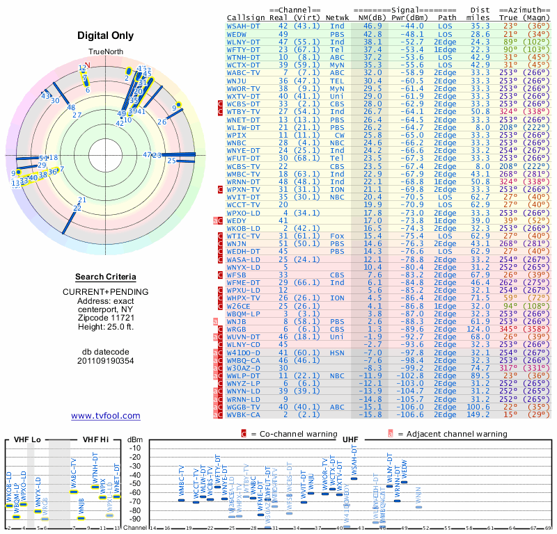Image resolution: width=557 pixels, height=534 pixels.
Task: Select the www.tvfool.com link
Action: [x=106, y=416]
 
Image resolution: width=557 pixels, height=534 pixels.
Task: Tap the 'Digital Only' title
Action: [x=106, y=35]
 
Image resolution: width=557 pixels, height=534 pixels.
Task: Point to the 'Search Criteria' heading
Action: [x=106, y=277]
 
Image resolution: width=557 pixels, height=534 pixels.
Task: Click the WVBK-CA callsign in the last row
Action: [x=244, y=415]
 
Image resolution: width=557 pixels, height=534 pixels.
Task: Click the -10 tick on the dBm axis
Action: [x=135, y=448]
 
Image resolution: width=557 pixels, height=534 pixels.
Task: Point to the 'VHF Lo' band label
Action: [x=27, y=440]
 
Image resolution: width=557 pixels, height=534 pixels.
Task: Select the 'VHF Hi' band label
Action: [x=97, y=440]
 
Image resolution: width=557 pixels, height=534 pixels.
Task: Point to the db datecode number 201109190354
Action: [x=106, y=360]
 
